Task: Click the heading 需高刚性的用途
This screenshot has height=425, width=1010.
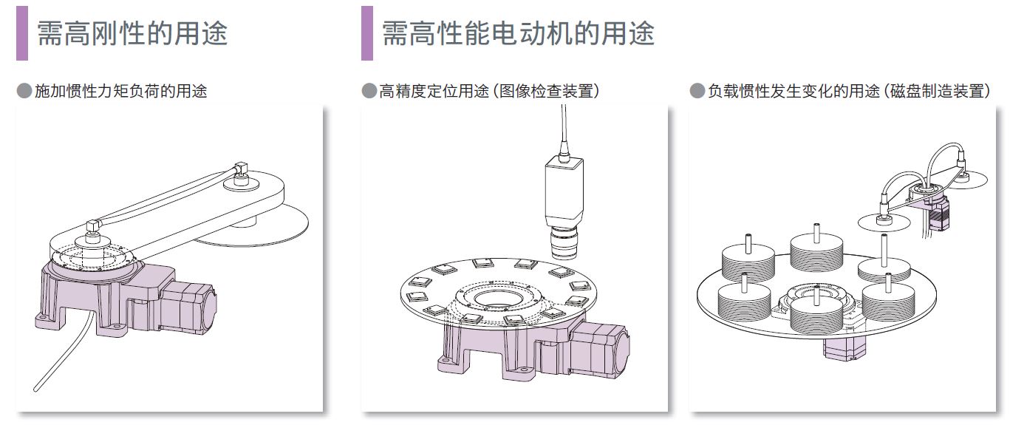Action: click(132, 33)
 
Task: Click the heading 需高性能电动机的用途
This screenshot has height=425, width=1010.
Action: click(518, 33)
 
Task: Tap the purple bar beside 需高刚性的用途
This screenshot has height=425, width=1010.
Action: click(22, 33)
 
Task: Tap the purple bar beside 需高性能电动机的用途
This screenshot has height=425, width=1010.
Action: click(367, 33)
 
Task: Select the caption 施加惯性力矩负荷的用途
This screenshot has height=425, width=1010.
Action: click(121, 91)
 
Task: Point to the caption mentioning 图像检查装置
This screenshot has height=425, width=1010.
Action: click(490, 91)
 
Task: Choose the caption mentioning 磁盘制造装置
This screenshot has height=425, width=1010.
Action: click(849, 91)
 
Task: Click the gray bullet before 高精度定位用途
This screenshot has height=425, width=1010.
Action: click(369, 91)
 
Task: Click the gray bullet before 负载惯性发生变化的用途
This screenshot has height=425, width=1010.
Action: click(697, 91)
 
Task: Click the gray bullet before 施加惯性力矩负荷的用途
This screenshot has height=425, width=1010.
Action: click(24, 91)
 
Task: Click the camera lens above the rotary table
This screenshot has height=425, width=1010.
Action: click(564, 243)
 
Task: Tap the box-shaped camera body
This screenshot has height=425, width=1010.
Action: click(564, 191)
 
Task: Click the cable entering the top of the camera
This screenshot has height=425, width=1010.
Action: click(564, 131)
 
